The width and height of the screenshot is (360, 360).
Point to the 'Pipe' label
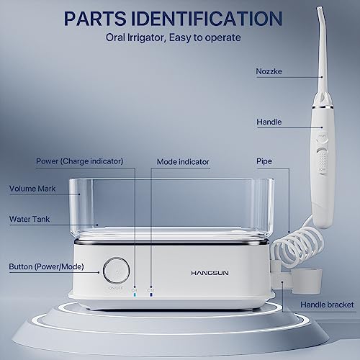pos(264,161)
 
